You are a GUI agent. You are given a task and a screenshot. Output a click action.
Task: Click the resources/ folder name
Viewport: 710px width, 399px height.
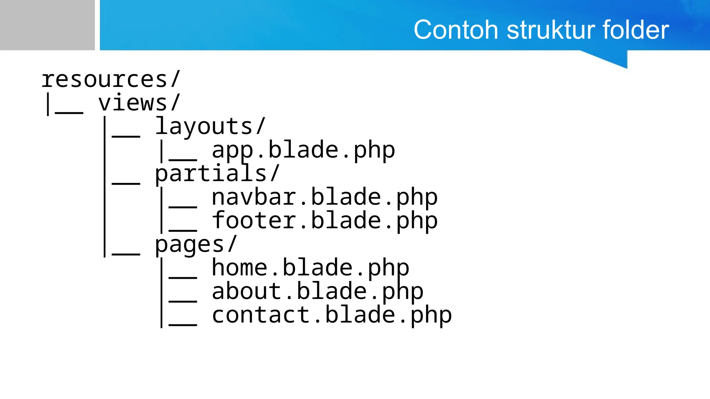[111, 79]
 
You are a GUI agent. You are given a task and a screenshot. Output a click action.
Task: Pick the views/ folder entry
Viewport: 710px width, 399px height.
[139, 103]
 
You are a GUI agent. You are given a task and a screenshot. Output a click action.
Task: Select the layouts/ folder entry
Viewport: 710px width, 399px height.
[210, 126]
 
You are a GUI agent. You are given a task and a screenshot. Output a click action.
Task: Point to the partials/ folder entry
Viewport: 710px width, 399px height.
[217, 174]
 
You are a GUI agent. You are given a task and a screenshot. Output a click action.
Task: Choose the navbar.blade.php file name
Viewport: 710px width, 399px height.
[324, 197]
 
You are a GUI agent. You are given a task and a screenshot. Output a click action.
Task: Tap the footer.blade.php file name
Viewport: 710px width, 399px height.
[324, 221]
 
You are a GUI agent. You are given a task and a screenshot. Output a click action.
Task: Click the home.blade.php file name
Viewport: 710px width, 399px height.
[310, 268]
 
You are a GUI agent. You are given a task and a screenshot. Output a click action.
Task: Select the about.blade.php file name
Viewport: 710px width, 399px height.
[318, 291]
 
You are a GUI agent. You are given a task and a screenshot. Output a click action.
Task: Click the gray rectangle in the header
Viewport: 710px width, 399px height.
[47, 25]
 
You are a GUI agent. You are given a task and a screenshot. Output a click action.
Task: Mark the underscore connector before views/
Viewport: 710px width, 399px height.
[69, 113]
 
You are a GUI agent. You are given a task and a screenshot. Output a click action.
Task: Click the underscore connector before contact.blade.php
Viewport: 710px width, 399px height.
[183, 325]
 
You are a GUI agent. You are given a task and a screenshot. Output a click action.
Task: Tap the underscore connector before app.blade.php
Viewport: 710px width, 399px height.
[183, 160]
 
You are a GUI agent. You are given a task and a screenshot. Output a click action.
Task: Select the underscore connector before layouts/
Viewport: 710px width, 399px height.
[126, 136]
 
